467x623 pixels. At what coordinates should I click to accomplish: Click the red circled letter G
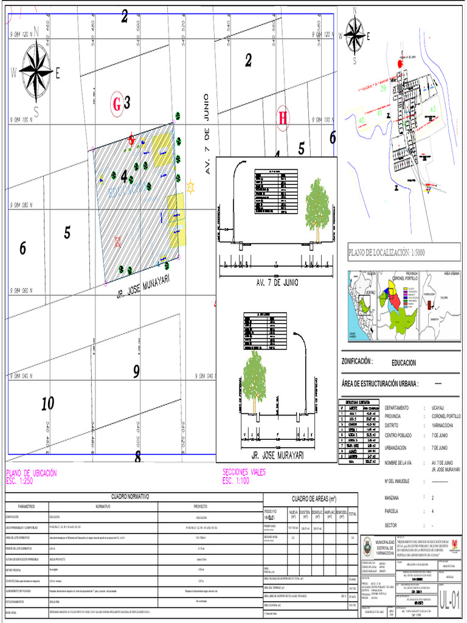117,104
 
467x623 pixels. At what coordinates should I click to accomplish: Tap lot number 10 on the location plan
48,403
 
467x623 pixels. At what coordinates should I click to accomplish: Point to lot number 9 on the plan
136,371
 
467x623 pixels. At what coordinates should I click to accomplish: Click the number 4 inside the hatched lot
125,176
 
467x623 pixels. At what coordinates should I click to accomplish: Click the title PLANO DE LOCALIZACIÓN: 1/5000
386,252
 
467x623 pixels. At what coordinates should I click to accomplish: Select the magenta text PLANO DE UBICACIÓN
31,473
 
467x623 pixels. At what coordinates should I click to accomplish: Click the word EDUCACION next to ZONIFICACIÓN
404,363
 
